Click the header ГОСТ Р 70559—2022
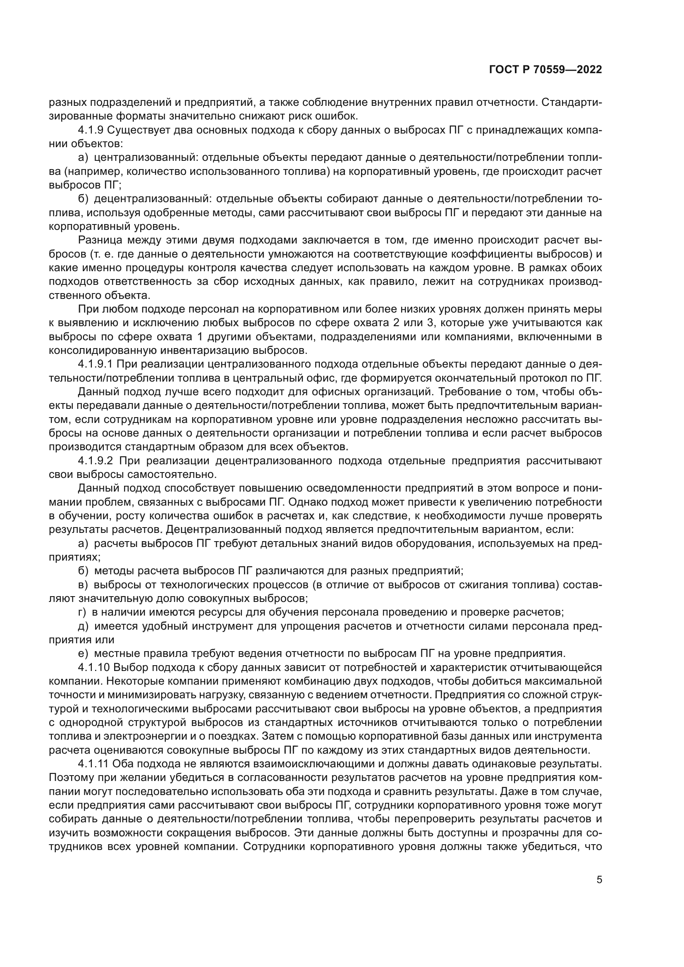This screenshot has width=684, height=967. (545, 69)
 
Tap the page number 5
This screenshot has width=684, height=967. (599, 879)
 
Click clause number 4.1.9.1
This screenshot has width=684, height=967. (96, 364)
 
